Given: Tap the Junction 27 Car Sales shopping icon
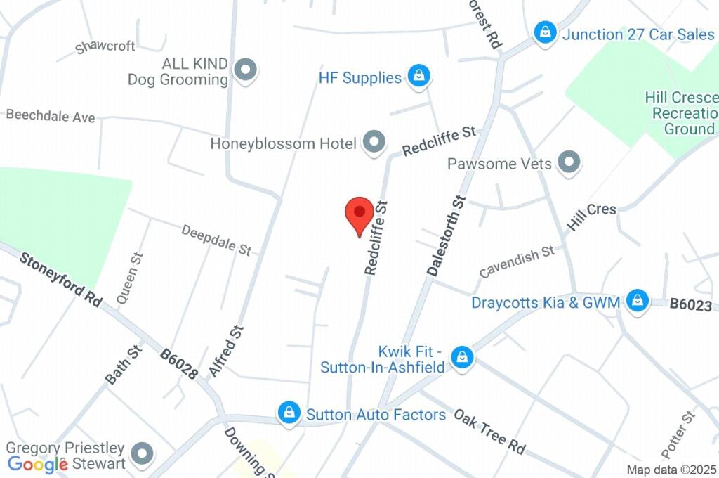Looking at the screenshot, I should point(545,32).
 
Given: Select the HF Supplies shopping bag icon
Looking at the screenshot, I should point(419,76).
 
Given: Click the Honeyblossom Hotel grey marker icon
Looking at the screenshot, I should point(374,143).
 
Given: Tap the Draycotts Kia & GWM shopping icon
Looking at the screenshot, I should point(637,301).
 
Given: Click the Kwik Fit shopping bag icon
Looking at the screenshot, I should point(462,358).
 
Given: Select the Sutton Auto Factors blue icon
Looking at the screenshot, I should point(289,413).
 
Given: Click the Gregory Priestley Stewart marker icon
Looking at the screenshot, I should point(143,453).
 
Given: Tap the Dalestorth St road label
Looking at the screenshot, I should point(447,235).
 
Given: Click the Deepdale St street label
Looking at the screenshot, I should point(216,240).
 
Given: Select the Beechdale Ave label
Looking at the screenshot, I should point(51,116).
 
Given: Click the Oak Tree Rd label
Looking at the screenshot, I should point(489,431).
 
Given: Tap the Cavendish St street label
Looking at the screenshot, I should point(517,261).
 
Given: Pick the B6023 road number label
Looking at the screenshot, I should point(692,304).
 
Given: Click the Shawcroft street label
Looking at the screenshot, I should point(105,46).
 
